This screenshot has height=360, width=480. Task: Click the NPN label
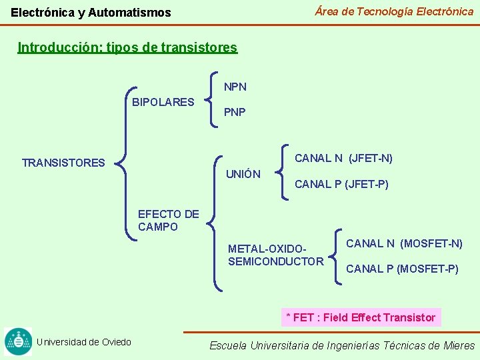[235, 87]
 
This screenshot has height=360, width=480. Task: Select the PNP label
[235, 112]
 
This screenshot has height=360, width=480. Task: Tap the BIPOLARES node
[163, 102]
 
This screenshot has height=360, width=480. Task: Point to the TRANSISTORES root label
[63, 163]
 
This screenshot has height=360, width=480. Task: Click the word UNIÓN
[243, 174]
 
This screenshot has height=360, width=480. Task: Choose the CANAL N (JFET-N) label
[343, 158]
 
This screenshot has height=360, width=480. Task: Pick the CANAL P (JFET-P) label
[341, 184]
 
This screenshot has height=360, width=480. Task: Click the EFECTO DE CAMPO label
[168, 221]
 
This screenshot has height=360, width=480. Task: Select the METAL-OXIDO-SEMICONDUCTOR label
[275, 255]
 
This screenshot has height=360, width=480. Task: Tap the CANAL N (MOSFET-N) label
[404, 243]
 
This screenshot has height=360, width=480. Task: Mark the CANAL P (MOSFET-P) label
[402, 269]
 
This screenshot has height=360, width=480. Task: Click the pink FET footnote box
[361, 317]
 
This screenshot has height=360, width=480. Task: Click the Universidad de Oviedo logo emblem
[17, 341]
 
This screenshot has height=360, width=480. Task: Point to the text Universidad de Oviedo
[84, 342]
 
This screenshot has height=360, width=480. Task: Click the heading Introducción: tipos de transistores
[127, 47]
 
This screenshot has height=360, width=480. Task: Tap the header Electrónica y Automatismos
[91, 12]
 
